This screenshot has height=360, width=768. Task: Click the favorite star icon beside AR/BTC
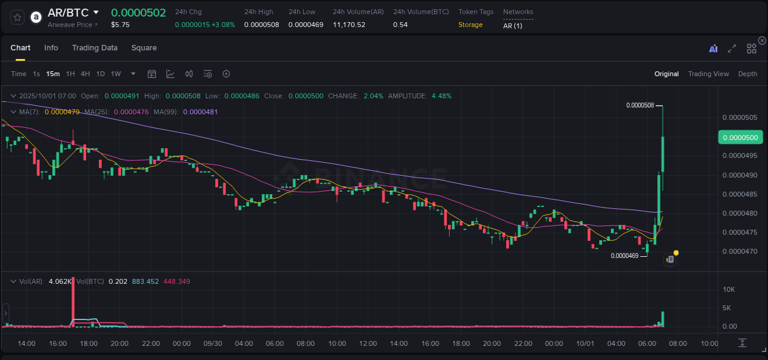point(18,17)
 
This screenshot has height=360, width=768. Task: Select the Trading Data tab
point(95,48)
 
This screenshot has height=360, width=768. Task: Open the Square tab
point(144,48)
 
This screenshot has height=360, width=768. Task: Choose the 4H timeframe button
point(85,74)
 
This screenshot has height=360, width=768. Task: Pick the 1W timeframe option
point(116,74)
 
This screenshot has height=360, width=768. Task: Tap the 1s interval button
point(36,74)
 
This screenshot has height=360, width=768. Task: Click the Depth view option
point(747,74)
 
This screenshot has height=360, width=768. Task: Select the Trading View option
point(708,74)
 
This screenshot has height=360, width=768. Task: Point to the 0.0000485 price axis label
point(740,194)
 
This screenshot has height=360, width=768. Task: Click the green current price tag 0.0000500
point(740,137)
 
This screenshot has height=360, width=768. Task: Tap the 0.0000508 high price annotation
point(640,105)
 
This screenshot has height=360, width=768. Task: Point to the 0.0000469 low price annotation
point(624,256)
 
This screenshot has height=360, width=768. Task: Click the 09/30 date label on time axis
point(213,343)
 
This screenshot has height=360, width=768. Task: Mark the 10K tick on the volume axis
point(729,289)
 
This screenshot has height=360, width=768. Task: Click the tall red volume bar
point(73,301)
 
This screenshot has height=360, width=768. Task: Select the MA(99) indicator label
point(166,112)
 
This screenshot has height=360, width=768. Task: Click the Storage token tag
point(470,25)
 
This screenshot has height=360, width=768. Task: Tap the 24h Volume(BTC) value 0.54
point(399,25)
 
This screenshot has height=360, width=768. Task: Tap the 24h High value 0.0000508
point(261,25)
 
